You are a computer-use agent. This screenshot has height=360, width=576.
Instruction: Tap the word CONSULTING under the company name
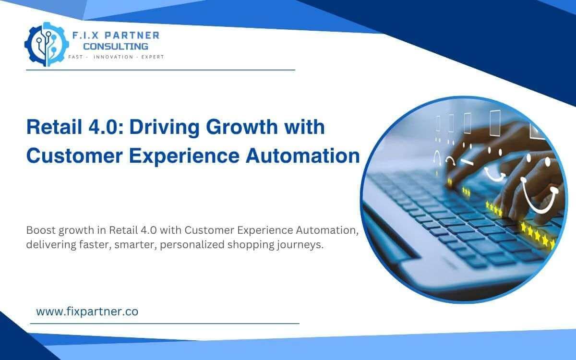[x=115, y=46]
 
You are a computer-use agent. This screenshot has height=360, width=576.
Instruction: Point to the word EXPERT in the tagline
[x=152, y=57]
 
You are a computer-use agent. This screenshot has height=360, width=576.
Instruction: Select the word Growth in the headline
[x=240, y=128]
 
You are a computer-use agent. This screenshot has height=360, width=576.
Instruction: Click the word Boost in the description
[x=41, y=230]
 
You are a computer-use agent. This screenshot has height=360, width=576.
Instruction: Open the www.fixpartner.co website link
[x=87, y=312]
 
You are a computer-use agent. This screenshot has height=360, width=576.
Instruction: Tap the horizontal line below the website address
[x=165, y=324]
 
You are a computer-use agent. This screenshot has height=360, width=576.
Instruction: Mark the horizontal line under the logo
[x=160, y=70]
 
